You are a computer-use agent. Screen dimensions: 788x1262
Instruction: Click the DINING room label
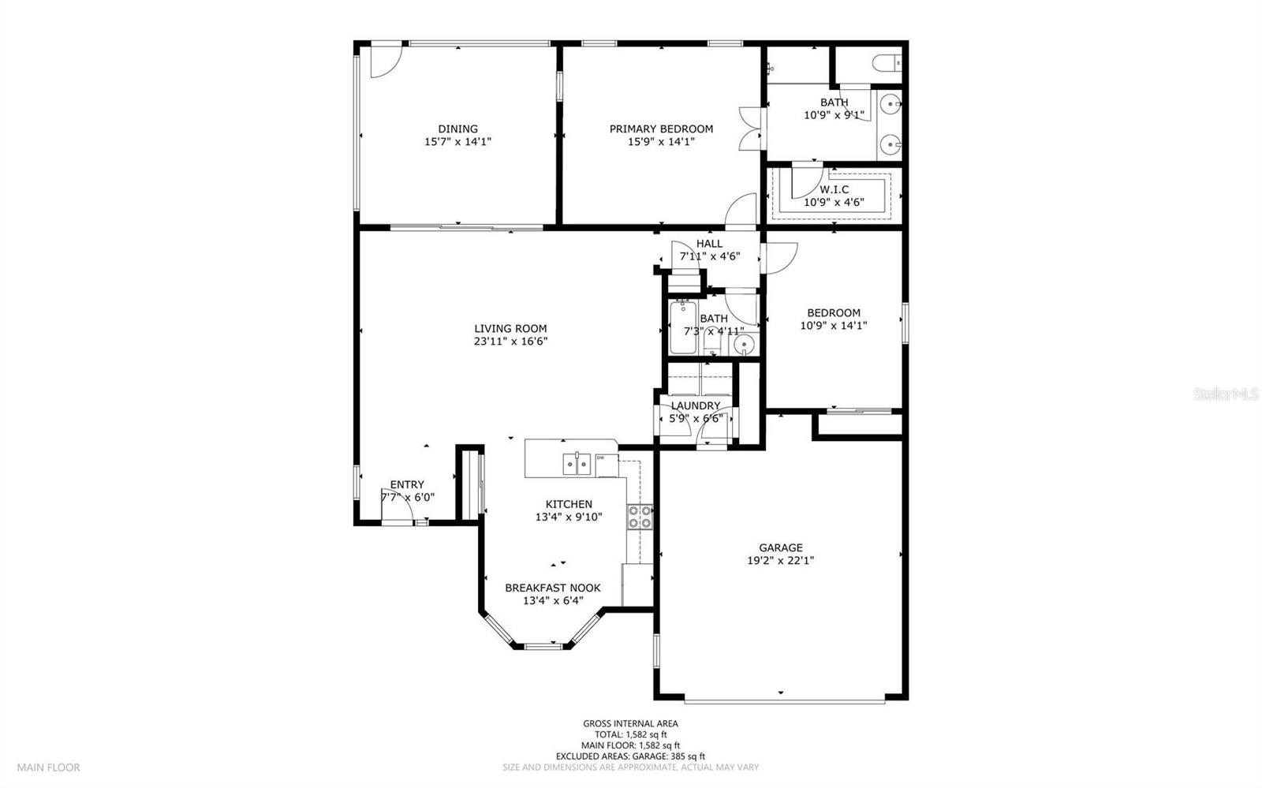457,129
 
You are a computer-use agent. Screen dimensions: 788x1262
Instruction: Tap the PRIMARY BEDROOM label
661,129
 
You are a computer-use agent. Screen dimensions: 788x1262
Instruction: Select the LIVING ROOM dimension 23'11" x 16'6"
510,342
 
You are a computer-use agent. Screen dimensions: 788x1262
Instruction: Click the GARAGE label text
781,548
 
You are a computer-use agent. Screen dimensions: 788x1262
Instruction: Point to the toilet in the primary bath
889,61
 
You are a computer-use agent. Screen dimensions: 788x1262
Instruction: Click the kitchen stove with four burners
640,517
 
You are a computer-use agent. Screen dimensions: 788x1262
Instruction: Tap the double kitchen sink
577,464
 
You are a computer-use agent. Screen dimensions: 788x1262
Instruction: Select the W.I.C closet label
834,190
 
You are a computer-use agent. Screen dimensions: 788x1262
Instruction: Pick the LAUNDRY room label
696,406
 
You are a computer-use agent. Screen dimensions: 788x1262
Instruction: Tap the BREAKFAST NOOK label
552,588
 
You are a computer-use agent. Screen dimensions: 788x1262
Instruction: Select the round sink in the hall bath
742,345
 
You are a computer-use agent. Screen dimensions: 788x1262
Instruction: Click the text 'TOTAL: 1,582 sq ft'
630,734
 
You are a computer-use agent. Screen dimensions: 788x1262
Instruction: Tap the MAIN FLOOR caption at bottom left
49,767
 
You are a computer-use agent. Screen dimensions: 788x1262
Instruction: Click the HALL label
709,244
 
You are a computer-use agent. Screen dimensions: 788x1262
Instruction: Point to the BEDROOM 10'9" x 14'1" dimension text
834,325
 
